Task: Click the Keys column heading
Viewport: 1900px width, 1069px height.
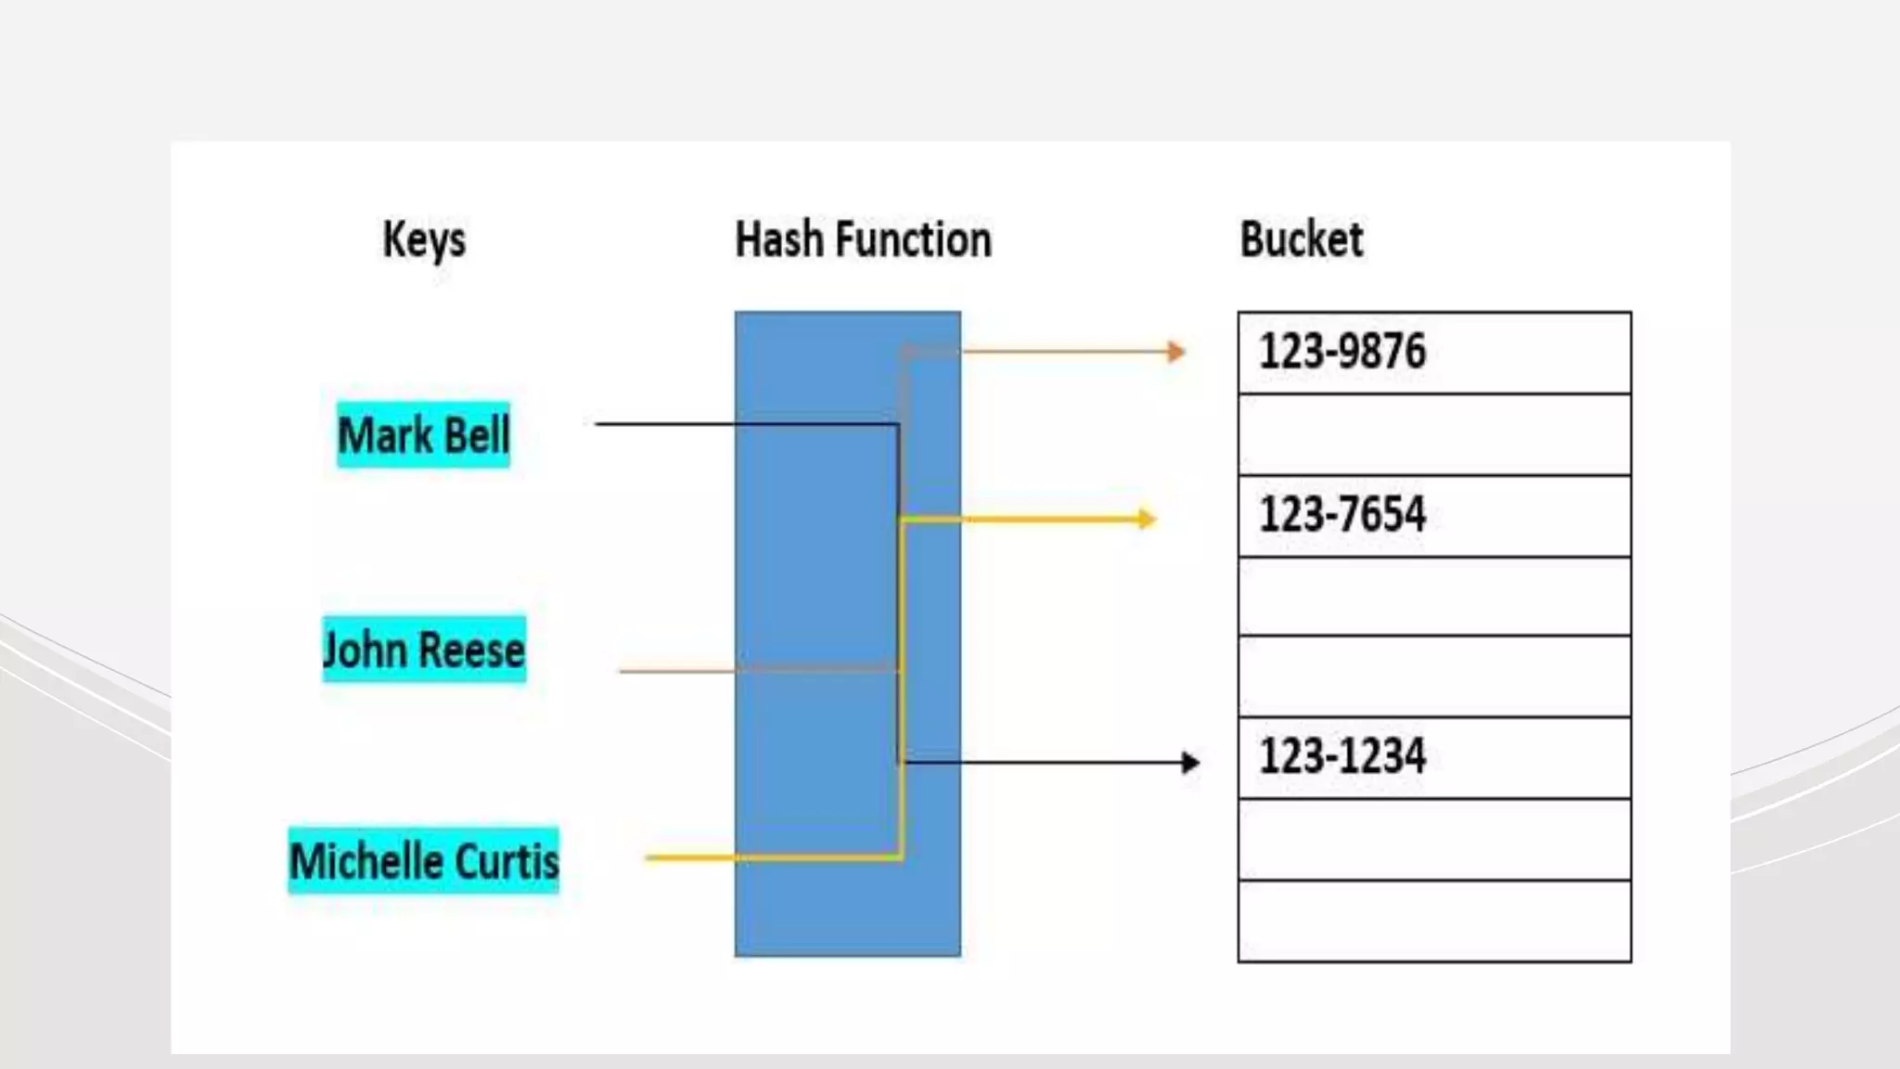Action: click(x=424, y=240)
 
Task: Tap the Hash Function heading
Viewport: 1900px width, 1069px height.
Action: click(x=863, y=239)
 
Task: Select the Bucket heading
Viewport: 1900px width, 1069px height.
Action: click(x=1301, y=239)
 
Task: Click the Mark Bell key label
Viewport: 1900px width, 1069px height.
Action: click(x=423, y=435)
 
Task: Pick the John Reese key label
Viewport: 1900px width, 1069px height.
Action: click(x=424, y=650)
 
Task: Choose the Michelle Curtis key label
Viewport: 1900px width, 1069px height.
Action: click(x=424, y=861)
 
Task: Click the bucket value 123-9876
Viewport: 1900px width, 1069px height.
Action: click(x=1342, y=352)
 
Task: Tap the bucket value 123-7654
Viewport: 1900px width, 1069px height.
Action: click(x=1342, y=515)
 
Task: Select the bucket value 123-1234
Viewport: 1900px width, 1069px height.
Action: click(x=1342, y=756)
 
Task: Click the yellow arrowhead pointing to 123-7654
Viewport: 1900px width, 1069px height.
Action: click(x=1147, y=519)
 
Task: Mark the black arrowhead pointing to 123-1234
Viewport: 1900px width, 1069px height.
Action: click(x=1190, y=763)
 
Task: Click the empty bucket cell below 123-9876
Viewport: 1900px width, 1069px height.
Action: click(x=1434, y=434)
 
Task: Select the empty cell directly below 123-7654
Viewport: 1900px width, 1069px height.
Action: click(x=1434, y=596)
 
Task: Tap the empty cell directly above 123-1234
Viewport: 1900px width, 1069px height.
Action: click(x=1434, y=676)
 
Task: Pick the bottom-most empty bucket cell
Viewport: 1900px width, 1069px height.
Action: click(x=1434, y=921)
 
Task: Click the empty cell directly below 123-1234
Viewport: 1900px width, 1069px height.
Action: click(x=1434, y=839)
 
